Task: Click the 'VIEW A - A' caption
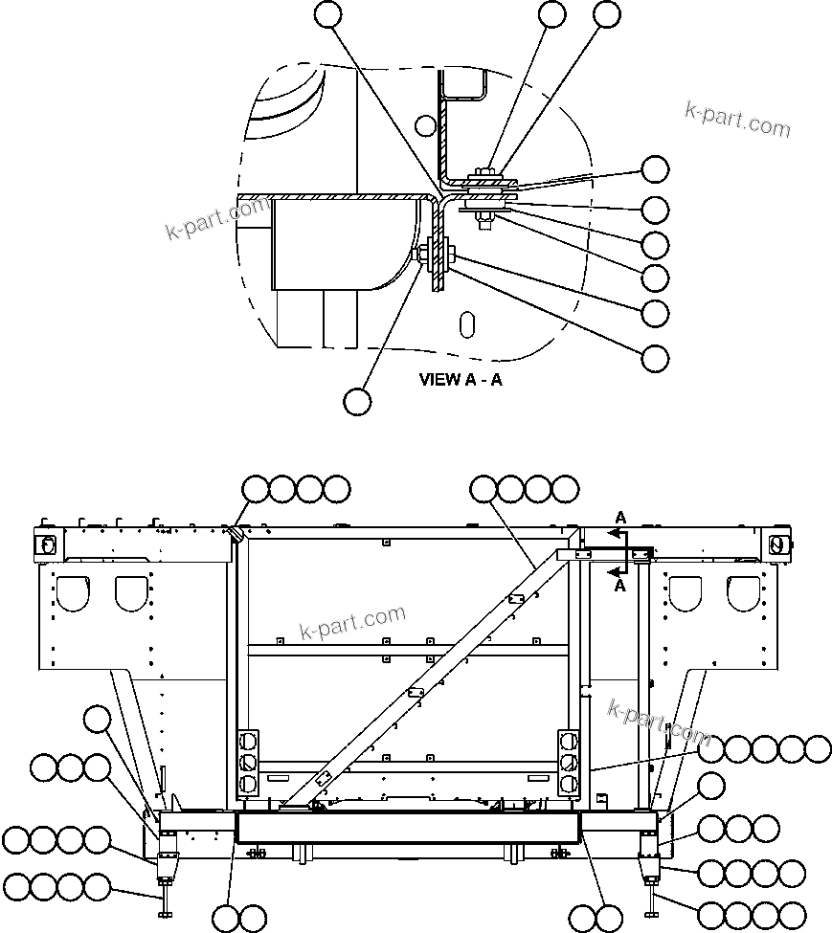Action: pyautogui.click(x=460, y=379)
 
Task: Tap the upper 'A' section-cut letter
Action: pyautogui.click(x=619, y=518)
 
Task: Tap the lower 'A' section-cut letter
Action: pyautogui.click(x=619, y=586)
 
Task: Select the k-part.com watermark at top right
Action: pyautogui.click(x=737, y=120)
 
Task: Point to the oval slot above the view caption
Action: pyautogui.click(x=466, y=323)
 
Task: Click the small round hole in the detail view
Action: pyautogui.click(x=427, y=124)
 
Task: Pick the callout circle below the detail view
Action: pyautogui.click(x=357, y=401)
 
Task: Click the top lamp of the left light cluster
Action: pyautogui.click(x=248, y=742)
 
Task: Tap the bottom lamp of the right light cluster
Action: pyautogui.click(x=569, y=784)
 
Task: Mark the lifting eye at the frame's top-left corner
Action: pyautogui.click(x=44, y=544)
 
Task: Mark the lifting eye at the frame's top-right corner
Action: pyautogui.click(x=776, y=544)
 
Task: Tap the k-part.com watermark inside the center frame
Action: pyautogui.click(x=352, y=623)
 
